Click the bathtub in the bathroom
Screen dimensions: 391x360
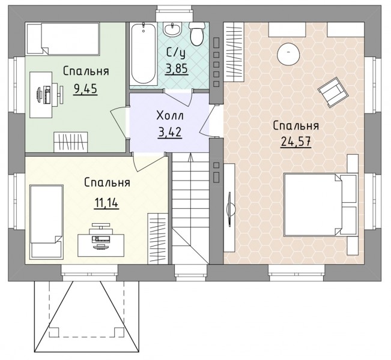point(144,54)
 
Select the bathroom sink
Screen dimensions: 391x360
point(172,29)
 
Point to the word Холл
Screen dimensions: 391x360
point(170,116)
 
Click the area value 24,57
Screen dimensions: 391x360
point(296,142)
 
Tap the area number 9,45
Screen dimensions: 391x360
point(85,89)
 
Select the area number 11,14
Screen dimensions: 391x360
point(106,203)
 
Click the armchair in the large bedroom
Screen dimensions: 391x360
point(333,92)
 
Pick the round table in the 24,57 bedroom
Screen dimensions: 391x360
point(288,55)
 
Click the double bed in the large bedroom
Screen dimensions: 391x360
point(321,205)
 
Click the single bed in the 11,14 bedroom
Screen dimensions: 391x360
point(46,222)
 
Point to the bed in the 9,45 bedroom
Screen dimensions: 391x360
point(63,38)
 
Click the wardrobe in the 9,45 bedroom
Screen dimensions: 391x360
point(71,142)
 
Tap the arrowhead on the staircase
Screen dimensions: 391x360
point(191,157)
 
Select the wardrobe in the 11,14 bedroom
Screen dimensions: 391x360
point(157,238)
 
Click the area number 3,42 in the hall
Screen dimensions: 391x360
point(169,132)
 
